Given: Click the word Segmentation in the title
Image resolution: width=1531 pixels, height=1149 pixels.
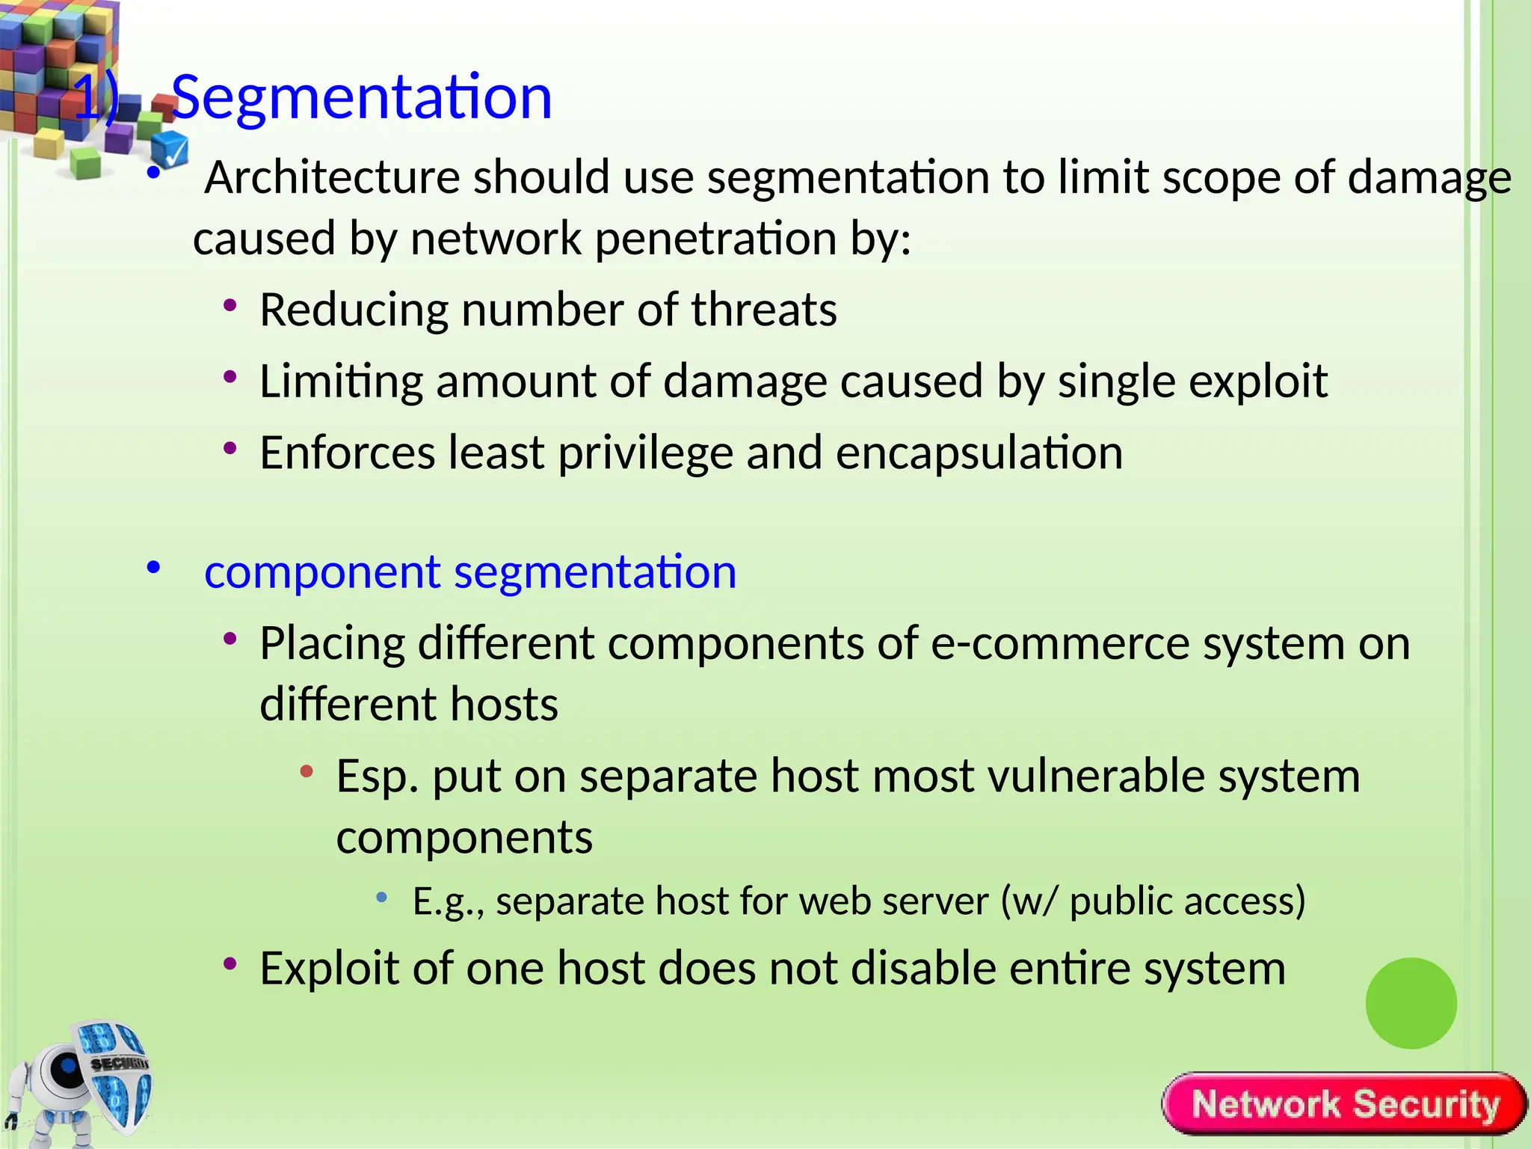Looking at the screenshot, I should pos(362,98).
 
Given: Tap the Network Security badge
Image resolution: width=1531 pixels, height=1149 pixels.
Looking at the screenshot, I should pos(1344,1104).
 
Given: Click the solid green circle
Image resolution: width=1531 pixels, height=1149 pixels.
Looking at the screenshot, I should pos(1411,1003).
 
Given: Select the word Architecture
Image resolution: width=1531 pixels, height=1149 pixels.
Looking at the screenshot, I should pos(331,178).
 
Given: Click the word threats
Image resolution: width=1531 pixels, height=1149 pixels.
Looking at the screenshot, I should pos(763,310).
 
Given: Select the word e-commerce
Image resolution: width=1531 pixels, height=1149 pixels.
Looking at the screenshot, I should pos(1060,643).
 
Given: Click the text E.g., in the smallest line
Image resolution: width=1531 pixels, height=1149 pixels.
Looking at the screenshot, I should pos(449,901).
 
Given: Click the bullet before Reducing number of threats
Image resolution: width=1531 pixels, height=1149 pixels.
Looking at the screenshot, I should pos(230,305).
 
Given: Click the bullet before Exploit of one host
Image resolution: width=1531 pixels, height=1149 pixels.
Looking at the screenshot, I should pos(230,963).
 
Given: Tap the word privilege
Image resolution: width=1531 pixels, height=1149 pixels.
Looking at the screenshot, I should pos(645,453).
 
